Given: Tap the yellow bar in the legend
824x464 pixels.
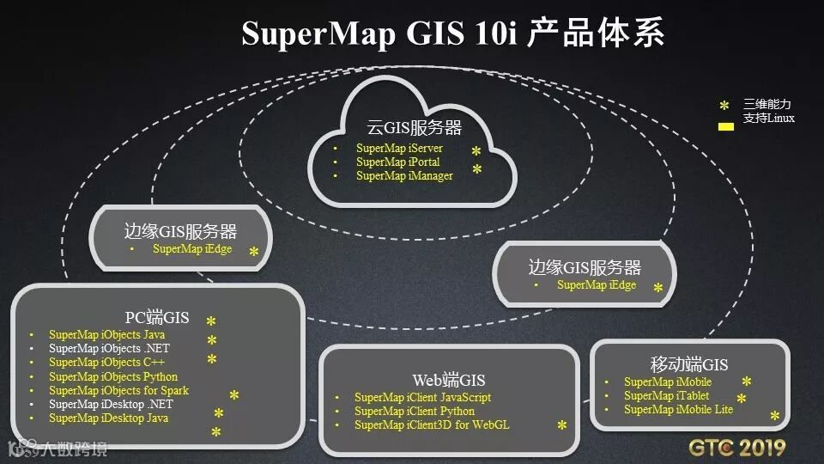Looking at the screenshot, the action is point(725,126).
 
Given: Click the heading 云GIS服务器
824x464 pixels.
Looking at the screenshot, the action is point(415,128).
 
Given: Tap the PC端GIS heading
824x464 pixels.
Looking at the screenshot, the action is point(157,317).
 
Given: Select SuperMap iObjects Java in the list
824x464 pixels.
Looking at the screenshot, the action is point(107,335).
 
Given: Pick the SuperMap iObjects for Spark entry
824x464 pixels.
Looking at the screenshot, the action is point(118,390).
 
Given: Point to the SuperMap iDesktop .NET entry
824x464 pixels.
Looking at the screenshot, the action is point(111,404).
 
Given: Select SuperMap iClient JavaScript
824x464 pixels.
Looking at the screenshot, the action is point(422,397).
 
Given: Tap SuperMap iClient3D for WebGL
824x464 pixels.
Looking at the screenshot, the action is point(431,424).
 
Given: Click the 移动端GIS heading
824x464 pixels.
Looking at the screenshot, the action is point(689,364).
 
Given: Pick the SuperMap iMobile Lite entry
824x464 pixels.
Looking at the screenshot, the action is point(678,409).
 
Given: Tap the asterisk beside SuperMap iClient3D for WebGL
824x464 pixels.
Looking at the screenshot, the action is point(562,426).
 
